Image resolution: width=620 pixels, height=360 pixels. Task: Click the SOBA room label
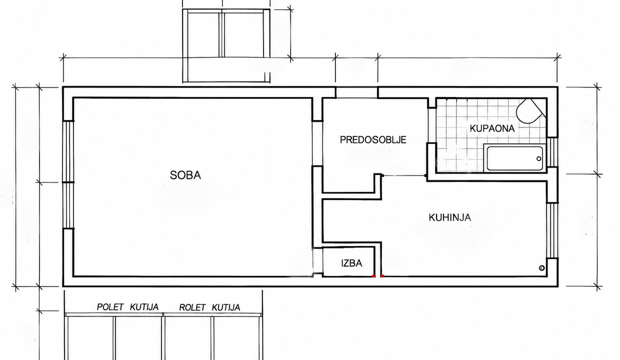[185, 175]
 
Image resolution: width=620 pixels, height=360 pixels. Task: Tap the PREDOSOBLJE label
[373, 139]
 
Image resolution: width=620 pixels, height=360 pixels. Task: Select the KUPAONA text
[492, 128]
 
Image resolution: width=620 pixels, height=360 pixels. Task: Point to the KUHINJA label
[450, 217]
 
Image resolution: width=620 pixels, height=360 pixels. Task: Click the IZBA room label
[351, 263]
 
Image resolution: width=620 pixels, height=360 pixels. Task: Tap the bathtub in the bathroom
[514, 158]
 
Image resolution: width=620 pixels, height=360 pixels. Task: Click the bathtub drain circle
[538, 158]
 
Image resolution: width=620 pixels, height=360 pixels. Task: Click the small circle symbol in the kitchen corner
[541, 268]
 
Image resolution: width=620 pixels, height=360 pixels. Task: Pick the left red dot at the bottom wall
[373, 276]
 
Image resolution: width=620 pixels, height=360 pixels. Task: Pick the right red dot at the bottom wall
[382, 276]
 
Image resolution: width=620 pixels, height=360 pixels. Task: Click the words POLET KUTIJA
[127, 307]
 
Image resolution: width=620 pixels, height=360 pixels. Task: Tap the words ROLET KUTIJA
[209, 307]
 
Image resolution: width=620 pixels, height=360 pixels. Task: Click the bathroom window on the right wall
[552, 152]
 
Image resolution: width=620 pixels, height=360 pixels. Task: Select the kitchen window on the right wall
[552, 230]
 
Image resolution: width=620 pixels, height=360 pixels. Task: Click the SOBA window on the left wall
[68, 175]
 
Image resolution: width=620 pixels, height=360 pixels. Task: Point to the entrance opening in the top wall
[357, 92]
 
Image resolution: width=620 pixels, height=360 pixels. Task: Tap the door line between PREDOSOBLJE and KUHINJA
[404, 175]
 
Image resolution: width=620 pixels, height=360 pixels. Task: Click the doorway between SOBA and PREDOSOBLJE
[317, 143]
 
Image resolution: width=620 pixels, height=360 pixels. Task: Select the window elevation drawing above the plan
[226, 45]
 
